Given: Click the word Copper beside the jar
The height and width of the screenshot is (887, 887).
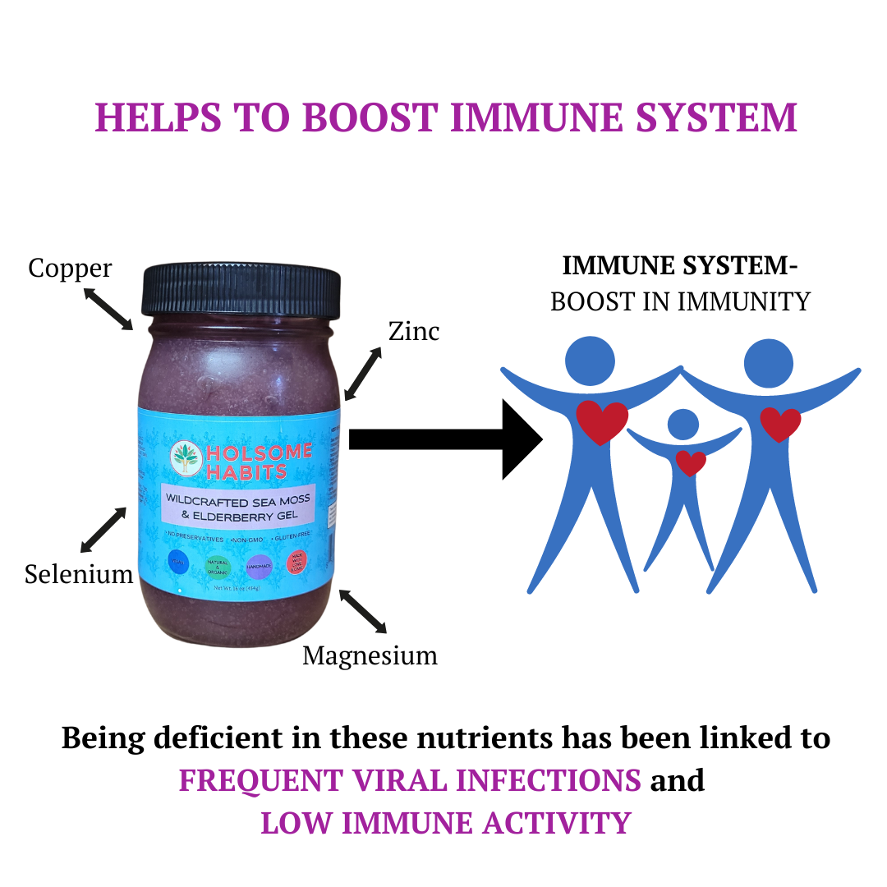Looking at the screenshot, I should point(70,268).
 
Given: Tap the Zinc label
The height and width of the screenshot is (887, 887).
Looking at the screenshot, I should point(414,331).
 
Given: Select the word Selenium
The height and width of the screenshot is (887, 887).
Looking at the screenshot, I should point(79,573).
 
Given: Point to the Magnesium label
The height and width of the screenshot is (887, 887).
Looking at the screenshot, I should point(370,655).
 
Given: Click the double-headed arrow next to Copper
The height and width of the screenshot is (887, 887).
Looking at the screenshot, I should point(108,307).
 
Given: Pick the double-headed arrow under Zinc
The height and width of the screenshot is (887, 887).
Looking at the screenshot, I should point(363,373).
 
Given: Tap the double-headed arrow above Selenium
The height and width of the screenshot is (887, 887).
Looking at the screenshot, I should point(103,529).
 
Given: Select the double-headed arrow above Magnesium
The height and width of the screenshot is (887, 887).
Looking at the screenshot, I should point(363,611).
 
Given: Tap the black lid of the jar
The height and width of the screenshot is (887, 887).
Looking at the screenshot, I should point(241,292).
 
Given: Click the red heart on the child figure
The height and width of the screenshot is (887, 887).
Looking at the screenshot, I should point(690,463).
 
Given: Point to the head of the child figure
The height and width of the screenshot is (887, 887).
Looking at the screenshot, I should point(682,425).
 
